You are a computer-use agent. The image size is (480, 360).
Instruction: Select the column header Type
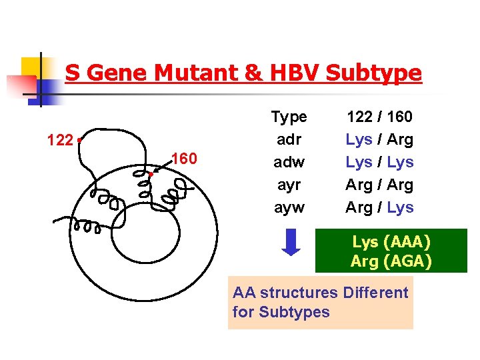click(x=289, y=117)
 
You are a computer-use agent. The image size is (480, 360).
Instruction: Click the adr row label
click(x=289, y=139)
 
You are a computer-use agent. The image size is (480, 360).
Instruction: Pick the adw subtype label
click(x=289, y=162)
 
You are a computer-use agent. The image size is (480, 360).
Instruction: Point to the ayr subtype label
click(x=289, y=185)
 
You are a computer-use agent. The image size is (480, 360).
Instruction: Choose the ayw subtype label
click(x=289, y=207)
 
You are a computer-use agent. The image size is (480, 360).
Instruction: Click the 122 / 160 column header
click(x=379, y=117)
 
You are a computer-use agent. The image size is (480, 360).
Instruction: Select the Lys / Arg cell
click(x=379, y=139)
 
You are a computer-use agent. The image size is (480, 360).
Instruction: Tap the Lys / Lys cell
click(x=379, y=162)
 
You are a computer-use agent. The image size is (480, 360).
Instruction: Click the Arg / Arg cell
click(x=379, y=185)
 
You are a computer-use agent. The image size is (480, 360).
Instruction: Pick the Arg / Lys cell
click(x=379, y=207)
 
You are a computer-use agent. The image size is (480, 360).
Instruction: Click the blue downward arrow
click(x=292, y=242)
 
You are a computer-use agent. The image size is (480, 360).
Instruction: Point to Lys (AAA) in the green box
click(x=391, y=241)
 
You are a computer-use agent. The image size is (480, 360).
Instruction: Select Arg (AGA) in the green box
click(x=391, y=261)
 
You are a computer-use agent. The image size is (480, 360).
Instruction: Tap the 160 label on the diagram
click(x=183, y=158)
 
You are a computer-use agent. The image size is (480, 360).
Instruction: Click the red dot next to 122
click(x=79, y=140)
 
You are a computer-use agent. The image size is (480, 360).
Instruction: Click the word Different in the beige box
click(x=375, y=293)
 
